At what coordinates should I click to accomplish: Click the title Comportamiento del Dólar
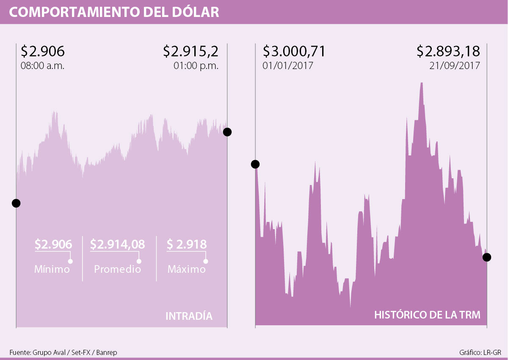[114, 12]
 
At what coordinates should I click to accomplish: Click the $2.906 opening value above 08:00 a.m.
[42, 52]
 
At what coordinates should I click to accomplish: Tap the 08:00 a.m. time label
[42, 66]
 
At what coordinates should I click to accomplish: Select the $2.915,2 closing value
[191, 52]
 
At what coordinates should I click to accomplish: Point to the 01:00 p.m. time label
[196, 66]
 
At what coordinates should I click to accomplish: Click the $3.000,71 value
[294, 52]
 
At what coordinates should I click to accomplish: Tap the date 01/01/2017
[288, 66]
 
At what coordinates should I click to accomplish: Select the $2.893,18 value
[448, 52]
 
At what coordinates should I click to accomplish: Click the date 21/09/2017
[455, 66]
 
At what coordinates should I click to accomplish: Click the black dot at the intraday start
[16, 203]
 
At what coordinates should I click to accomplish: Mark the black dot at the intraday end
[227, 132]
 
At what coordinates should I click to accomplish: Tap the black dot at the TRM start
[255, 164]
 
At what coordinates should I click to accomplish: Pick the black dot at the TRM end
[487, 257]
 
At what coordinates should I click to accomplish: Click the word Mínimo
[52, 269]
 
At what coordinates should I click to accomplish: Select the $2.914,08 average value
[118, 244]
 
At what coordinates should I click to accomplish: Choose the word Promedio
[117, 269]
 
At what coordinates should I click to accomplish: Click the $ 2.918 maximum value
[187, 244]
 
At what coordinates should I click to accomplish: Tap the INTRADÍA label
[189, 316]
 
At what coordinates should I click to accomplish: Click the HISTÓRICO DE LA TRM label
[428, 316]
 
